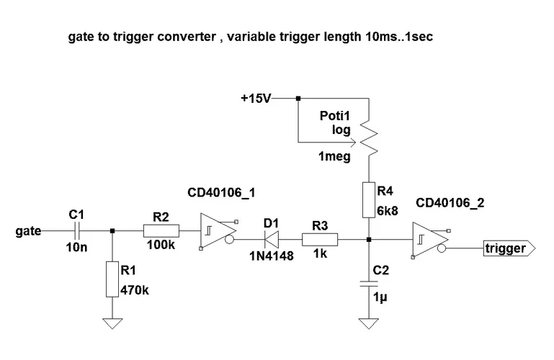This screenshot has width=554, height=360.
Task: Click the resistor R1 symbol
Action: pos(112,279)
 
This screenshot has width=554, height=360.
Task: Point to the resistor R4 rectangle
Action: pos(368,199)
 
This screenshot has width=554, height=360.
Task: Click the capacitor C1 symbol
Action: pos(78,231)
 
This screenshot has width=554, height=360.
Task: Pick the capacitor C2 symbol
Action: pos(368,285)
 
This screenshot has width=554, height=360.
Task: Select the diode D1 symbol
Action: pos(271,240)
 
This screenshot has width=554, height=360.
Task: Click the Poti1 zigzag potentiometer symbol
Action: pos(368,135)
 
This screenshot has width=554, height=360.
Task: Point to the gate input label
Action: pos(27,232)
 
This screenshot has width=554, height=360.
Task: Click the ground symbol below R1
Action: pos(112,323)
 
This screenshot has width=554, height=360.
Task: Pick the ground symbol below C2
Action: pos(368,323)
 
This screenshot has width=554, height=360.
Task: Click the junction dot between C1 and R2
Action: pos(112,231)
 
